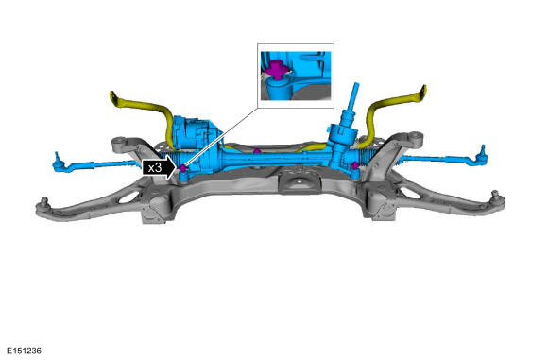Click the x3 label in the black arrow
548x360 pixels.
click(x=155, y=168)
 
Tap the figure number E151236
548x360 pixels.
click(x=24, y=351)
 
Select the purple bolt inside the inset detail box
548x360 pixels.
click(x=277, y=69)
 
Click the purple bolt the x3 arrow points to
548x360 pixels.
click(x=183, y=168)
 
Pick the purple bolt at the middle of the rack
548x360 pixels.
click(x=257, y=151)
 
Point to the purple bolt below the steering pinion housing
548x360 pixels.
click(x=355, y=165)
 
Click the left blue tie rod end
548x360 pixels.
click(x=60, y=163)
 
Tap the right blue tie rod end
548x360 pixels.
click(x=482, y=155)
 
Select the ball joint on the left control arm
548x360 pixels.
click(x=44, y=202)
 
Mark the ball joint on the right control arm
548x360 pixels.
click(x=494, y=195)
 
